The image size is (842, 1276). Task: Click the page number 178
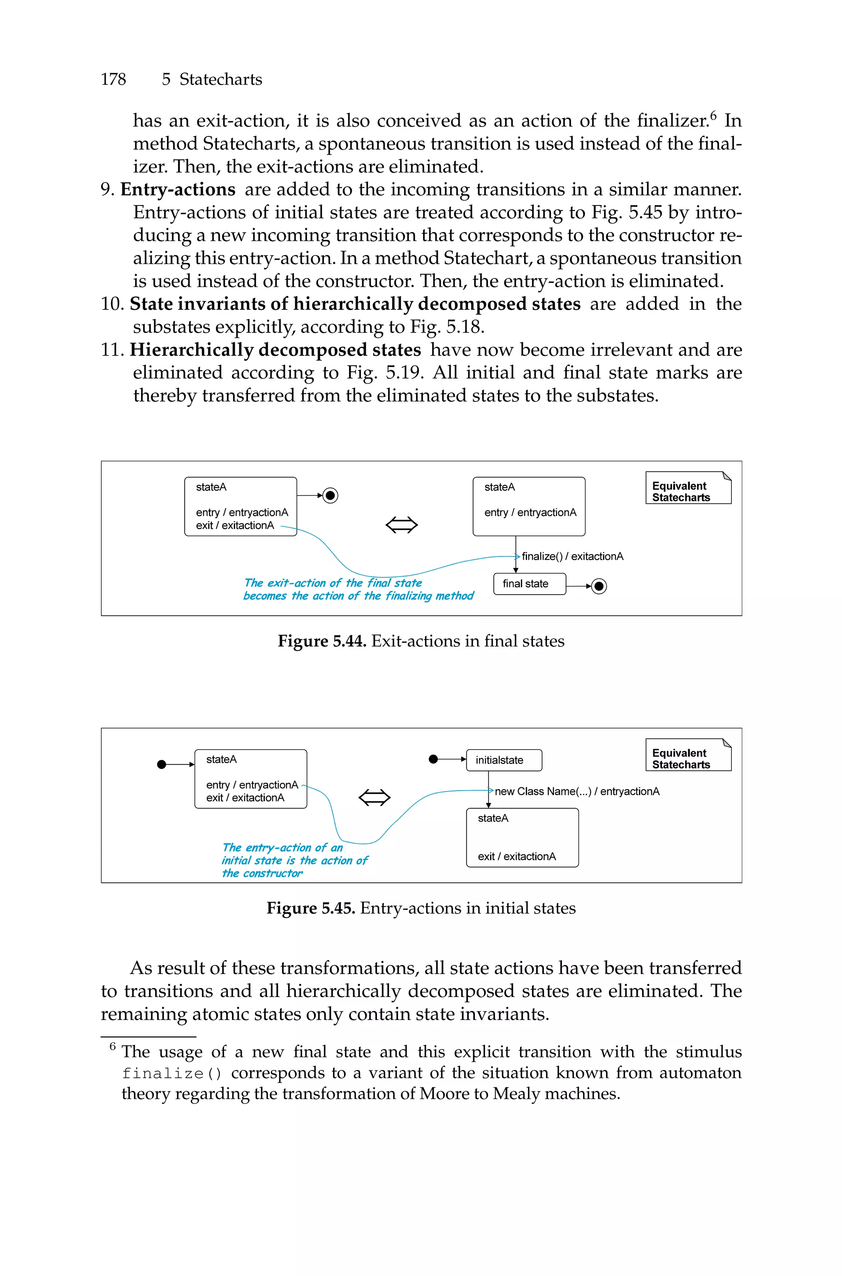(x=113, y=79)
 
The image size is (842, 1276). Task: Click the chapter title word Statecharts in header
(x=220, y=79)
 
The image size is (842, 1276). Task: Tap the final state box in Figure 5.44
(x=529, y=584)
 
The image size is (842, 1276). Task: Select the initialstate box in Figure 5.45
(x=504, y=760)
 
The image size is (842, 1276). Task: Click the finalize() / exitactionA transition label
(x=572, y=556)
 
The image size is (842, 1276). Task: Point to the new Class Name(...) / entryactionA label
(x=577, y=791)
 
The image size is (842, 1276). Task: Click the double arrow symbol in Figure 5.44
(x=402, y=524)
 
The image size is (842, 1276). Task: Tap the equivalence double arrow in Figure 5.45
(x=374, y=797)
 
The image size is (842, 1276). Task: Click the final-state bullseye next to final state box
(x=599, y=586)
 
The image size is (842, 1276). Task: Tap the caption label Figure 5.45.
(x=310, y=909)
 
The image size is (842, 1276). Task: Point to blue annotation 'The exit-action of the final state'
(x=333, y=583)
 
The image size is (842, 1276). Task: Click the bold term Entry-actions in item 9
(x=178, y=189)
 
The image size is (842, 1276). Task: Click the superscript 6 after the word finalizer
(x=713, y=114)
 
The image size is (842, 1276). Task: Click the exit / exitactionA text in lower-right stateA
(x=516, y=856)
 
